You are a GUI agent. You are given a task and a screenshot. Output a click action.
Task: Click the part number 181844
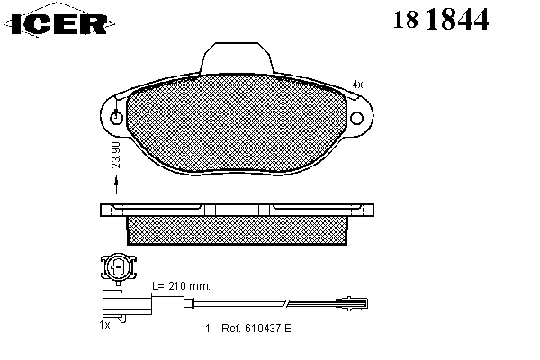tap(441, 19)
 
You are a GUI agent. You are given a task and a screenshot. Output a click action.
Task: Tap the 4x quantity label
tap(357, 85)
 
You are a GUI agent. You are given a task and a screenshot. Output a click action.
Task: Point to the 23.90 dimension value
tap(116, 155)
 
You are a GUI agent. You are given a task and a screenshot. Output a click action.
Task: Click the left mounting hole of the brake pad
tap(116, 118)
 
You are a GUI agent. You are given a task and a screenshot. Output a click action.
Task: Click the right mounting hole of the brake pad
tap(356, 118)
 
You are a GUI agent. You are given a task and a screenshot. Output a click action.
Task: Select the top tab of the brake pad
tap(237, 58)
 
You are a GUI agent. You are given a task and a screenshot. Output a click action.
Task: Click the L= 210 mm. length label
tap(181, 286)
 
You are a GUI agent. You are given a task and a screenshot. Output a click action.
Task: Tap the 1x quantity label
tap(104, 325)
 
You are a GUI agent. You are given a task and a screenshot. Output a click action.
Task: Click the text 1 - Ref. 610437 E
tap(248, 328)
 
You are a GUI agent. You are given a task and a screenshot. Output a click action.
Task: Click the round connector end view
tap(119, 268)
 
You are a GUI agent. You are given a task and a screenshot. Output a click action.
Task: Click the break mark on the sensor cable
tap(285, 302)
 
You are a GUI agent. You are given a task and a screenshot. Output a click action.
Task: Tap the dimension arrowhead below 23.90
tap(116, 181)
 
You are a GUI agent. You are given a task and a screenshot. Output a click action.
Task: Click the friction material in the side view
tap(237, 230)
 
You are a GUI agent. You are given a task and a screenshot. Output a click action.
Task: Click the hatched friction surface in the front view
tap(236, 124)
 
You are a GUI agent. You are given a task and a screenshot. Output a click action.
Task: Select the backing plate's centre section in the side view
tap(237, 210)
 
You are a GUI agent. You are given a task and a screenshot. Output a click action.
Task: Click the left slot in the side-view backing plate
tap(157, 207)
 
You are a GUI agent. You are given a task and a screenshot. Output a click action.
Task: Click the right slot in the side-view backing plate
tap(317, 207)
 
